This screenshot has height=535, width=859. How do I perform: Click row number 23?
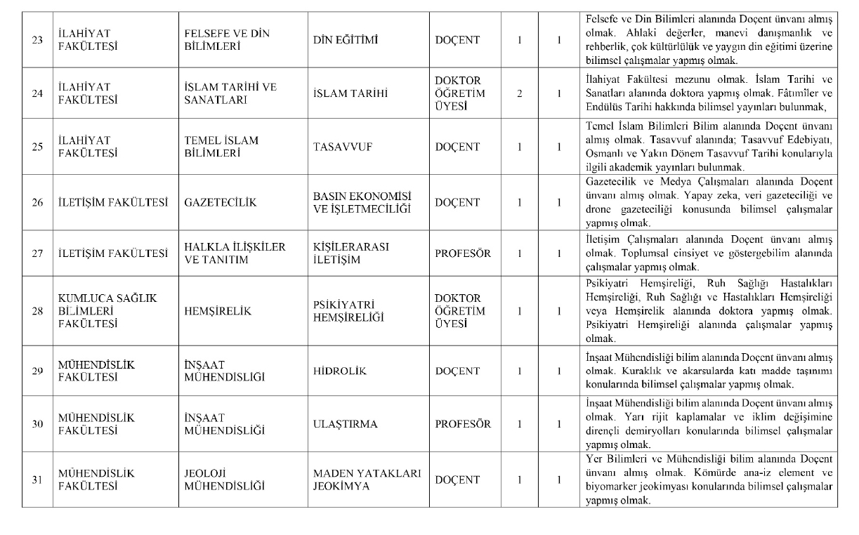pyautogui.click(x=37, y=40)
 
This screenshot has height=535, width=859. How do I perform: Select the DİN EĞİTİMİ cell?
pyautogui.click(x=347, y=40)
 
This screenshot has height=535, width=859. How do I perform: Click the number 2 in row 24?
pyautogui.click(x=519, y=93)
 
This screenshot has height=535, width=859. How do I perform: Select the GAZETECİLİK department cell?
pyautogui.click(x=220, y=203)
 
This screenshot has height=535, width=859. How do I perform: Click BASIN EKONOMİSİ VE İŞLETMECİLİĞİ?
pyautogui.click(x=362, y=203)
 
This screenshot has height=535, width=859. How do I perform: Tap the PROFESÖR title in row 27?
pyautogui.click(x=463, y=253)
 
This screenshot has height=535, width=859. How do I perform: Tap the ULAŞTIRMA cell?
pyautogui.click(x=345, y=424)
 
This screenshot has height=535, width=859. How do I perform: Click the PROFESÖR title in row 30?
pyautogui.click(x=463, y=424)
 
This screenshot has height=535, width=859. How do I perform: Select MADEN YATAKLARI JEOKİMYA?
pyautogui.click(x=367, y=480)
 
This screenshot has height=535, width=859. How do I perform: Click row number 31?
pyautogui.click(x=37, y=480)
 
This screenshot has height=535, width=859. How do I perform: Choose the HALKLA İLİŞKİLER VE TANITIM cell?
pyautogui.click(x=235, y=253)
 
